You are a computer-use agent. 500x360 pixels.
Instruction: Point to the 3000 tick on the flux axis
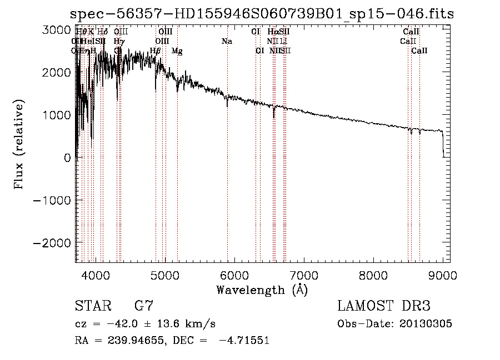pyautogui.click(x=57, y=30)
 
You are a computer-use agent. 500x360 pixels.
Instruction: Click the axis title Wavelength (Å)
pyautogui.click(x=262, y=290)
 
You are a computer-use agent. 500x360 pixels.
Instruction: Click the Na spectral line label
pyautogui.click(x=227, y=41)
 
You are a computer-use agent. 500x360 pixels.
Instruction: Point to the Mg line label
pyautogui.click(x=177, y=51)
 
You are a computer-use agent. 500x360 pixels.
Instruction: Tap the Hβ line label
pyautogui.click(x=156, y=51)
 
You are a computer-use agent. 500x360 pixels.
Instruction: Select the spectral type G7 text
pyautogui.click(x=144, y=306)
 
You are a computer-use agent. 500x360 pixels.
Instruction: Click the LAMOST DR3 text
pyautogui.click(x=383, y=306)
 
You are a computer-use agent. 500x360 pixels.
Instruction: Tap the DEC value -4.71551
pyautogui.click(x=244, y=341)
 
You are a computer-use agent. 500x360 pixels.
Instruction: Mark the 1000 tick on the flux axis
pyautogui.click(x=57, y=115)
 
